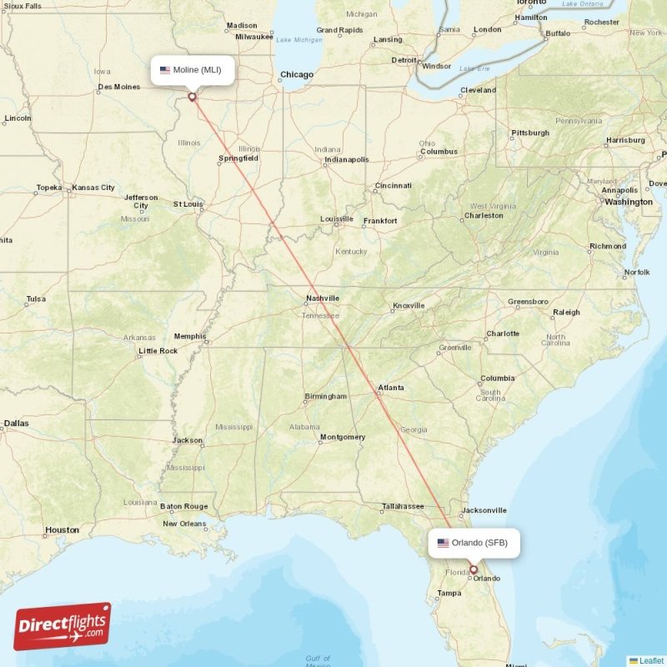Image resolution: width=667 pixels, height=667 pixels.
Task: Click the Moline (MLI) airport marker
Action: point(193,97)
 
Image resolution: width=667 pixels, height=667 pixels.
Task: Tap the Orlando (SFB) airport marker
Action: point(474,570)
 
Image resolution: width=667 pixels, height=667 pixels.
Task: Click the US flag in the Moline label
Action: point(165,70)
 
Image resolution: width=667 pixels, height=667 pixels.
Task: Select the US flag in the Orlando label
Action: point(443,543)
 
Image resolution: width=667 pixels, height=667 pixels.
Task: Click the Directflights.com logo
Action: point(63,626)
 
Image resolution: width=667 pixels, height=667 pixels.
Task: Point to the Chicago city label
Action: point(297,75)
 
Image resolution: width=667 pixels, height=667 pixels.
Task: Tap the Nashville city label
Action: point(323,298)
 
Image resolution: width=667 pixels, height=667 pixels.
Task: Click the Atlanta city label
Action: point(391,388)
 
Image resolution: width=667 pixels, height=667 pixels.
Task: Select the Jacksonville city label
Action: point(484,510)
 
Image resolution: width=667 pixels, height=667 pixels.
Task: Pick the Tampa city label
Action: point(449,594)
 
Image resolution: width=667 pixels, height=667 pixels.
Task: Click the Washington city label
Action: point(629,202)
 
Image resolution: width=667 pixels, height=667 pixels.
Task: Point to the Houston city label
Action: point(62,529)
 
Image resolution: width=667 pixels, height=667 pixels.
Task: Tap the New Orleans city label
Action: point(184,524)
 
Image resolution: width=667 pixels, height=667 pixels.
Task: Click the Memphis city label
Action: point(190,337)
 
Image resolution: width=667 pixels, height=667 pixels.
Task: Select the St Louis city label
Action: point(188,203)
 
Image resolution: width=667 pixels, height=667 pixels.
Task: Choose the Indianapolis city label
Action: point(346,159)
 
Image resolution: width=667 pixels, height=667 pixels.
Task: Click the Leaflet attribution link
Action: point(651,660)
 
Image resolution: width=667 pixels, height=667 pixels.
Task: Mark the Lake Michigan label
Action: point(298,40)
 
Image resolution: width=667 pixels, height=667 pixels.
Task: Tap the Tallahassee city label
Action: point(404,506)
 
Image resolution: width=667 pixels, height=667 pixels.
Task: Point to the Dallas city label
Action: point(15,424)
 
